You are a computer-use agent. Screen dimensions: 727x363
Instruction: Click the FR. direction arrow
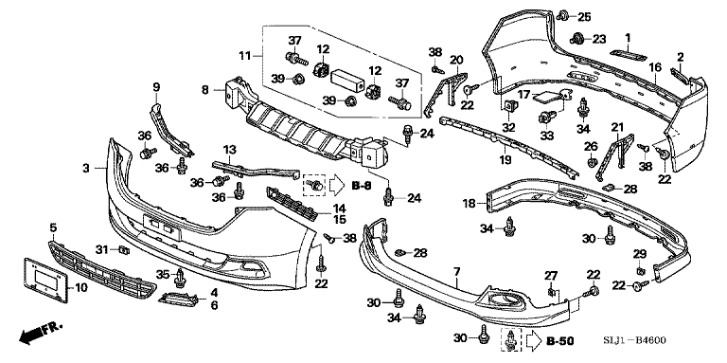[x=40, y=334]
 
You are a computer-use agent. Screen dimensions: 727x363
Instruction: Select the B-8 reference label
[x=362, y=186]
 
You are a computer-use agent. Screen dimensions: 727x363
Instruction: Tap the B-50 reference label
[x=560, y=342]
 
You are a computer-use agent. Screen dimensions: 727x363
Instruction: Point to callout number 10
[x=80, y=288]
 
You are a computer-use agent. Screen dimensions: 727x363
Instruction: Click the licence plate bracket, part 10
[x=45, y=281]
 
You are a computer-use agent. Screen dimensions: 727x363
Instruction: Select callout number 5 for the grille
[x=53, y=227]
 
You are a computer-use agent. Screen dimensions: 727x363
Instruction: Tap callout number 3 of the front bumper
[x=86, y=168]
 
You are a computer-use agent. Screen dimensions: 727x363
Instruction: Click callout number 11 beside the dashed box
[x=245, y=56]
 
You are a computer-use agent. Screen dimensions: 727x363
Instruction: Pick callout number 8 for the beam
[x=205, y=89]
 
